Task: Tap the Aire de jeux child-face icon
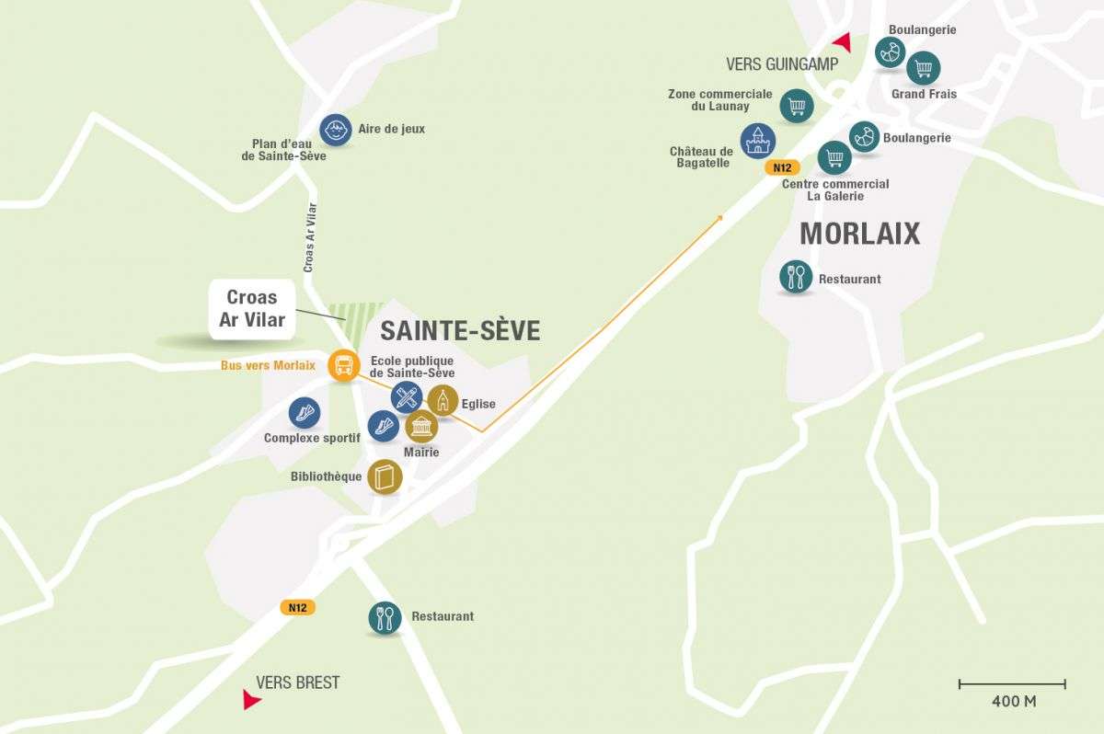click(x=336, y=130)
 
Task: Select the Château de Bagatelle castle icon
click(x=758, y=141)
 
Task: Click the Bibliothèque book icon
click(x=385, y=476)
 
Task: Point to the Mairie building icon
click(x=421, y=426)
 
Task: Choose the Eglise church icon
click(x=443, y=400)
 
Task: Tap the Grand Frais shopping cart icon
click(x=923, y=67)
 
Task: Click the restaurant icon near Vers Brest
click(x=385, y=617)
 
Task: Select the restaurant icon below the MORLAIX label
click(x=796, y=276)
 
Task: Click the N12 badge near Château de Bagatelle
click(x=782, y=167)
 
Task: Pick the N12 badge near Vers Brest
click(x=297, y=607)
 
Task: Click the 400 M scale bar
click(x=1012, y=684)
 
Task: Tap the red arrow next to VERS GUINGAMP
click(x=842, y=41)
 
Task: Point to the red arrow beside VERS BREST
click(x=250, y=700)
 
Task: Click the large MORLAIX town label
click(x=859, y=234)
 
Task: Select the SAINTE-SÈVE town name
click(x=460, y=331)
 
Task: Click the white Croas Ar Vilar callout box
click(x=252, y=309)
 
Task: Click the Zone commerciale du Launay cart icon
click(x=797, y=106)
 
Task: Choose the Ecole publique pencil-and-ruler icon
click(x=406, y=397)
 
